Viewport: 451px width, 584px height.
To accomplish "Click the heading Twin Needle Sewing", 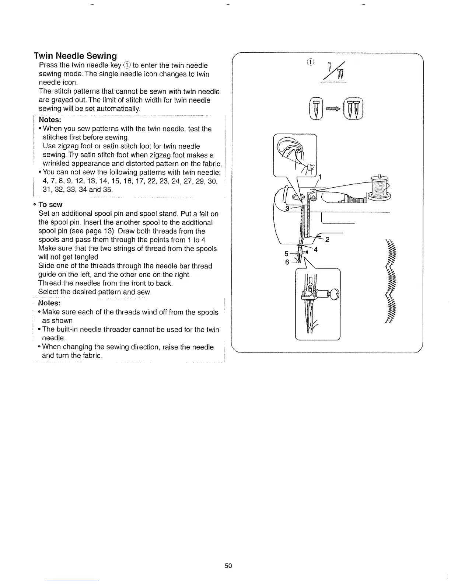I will tap(76, 56).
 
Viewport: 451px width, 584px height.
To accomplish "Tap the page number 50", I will tap(228, 566).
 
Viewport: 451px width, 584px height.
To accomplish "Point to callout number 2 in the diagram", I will tap(326, 240).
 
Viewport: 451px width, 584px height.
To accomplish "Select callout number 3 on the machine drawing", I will tap(287, 208).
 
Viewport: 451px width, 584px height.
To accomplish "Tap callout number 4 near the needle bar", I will tap(315, 249).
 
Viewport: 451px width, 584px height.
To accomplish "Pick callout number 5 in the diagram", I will tap(287, 254).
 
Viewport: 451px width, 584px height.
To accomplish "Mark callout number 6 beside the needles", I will tap(287, 262).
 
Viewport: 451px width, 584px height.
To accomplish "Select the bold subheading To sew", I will tap(50, 205).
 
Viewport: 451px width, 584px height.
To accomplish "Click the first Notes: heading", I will tap(50, 120).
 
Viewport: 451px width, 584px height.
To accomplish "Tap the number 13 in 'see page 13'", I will tap(107, 231).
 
